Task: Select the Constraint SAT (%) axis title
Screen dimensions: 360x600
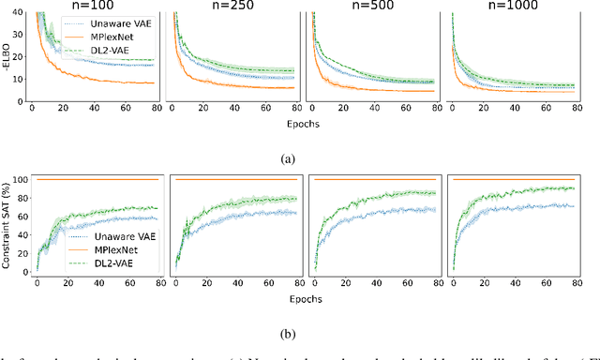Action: click(7, 221)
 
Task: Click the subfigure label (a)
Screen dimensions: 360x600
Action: click(300, 157)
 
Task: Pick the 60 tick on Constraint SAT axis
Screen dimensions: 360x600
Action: click(22, 217)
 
